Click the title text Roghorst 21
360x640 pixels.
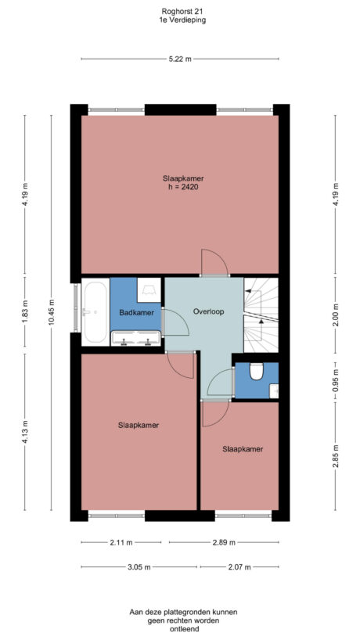[179, 11]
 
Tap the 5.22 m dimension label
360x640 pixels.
[179, 59]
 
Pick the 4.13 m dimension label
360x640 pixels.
[25, 433]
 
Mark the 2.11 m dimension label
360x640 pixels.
[121, 542]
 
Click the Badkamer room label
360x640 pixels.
[136, 313]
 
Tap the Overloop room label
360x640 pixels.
[208, 311]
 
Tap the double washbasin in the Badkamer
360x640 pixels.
[136, 339]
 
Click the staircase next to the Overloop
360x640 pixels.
[260, 313]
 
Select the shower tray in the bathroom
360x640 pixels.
[149, 291]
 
